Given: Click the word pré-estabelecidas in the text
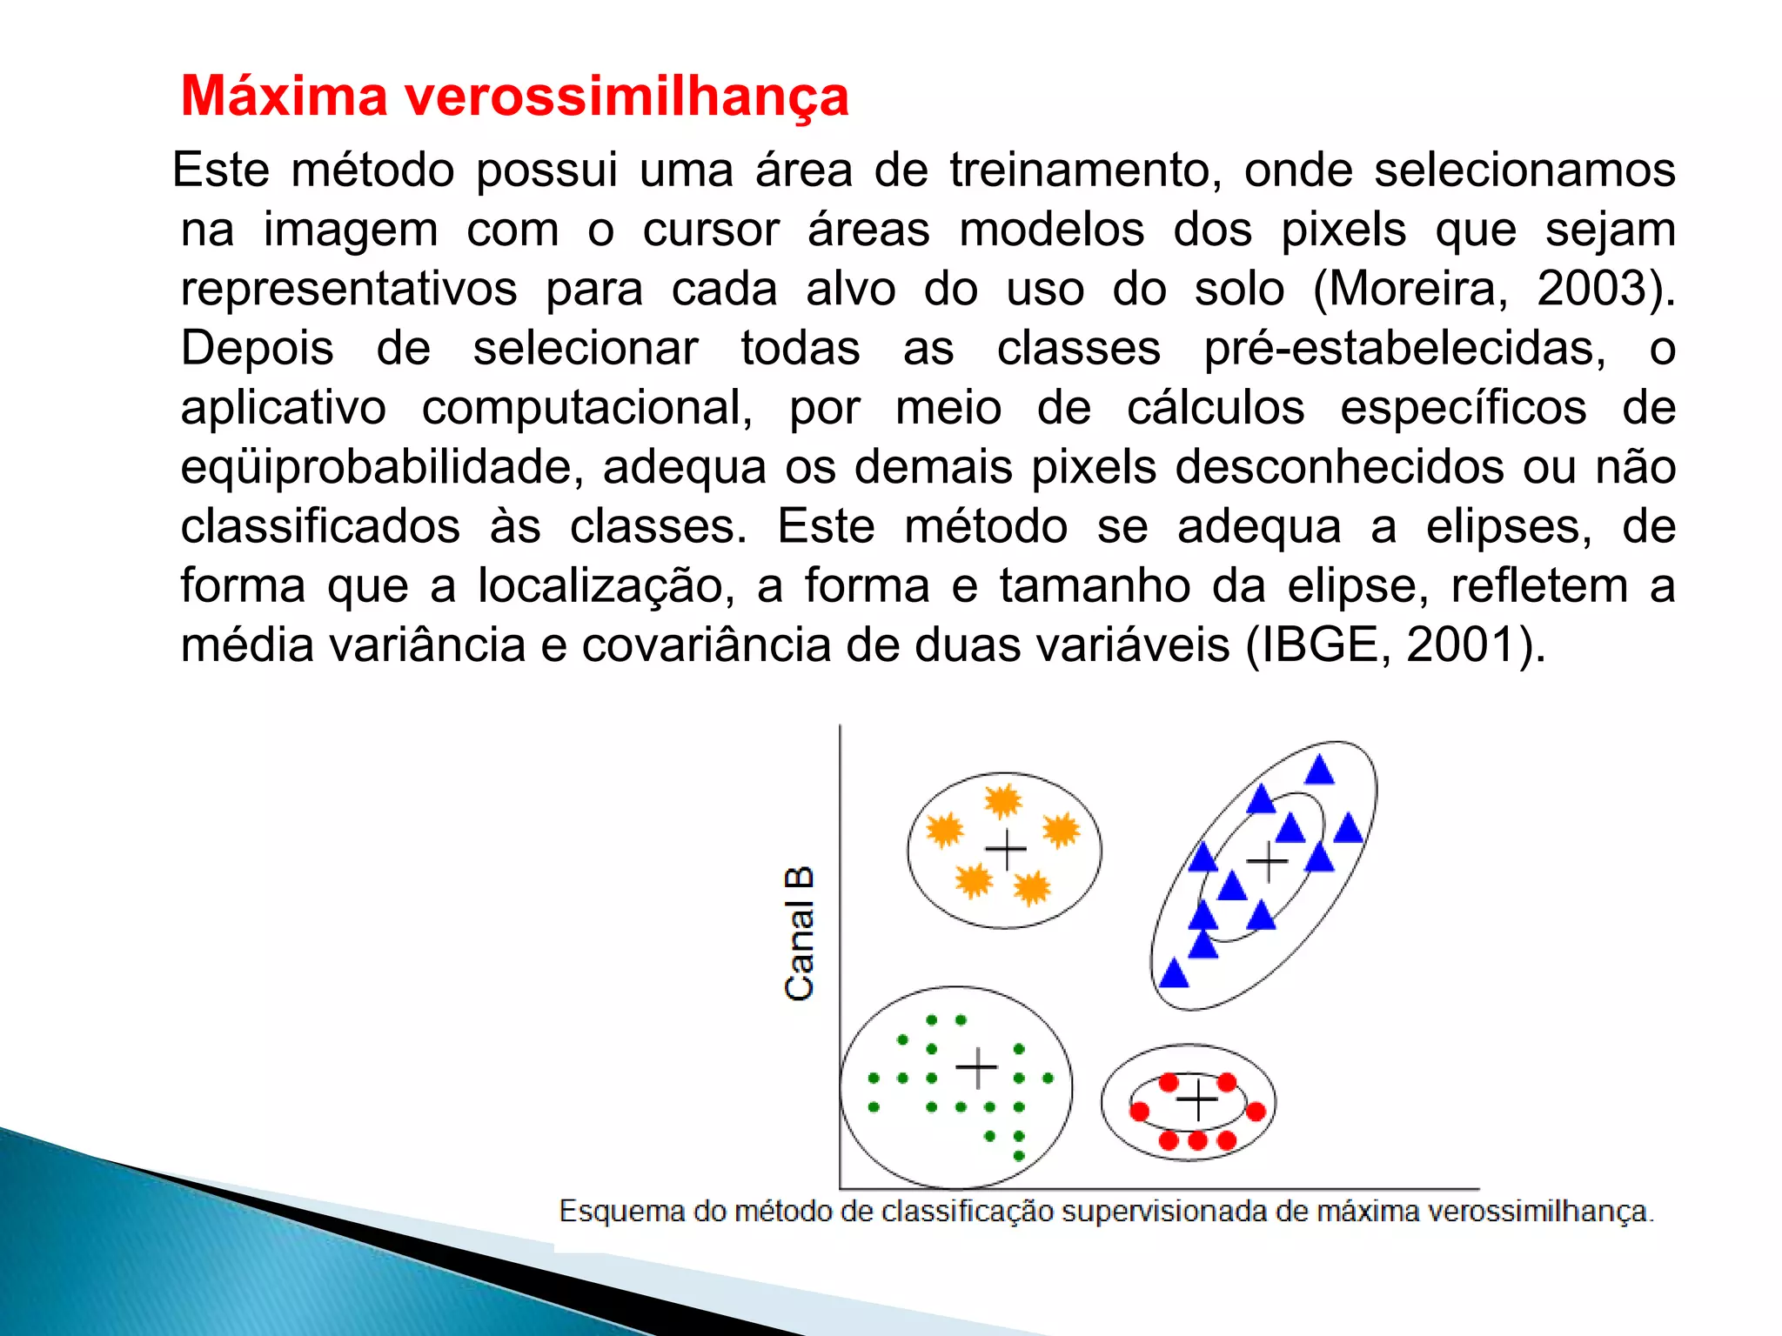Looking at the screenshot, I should [x=1404, y=349].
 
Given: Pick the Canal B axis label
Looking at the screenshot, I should [x=799, y=933].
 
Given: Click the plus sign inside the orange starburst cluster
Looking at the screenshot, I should [x=1006, y=850].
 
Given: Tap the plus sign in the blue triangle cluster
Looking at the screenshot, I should [x=1267, y=862].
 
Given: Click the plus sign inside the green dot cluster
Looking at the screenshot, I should [x=976, y=1068].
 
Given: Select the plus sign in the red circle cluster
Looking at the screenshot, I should [x=1197, y=1100].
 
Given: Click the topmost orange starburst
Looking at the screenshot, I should [x=1002, y=801].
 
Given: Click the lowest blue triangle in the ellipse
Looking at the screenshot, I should [x=1174, y=973].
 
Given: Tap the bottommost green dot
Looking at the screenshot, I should [x=1019, y=1156].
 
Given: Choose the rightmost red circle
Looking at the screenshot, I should [x=1256, y=1111].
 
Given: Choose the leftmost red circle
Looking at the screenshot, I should [x=1139, y=1111].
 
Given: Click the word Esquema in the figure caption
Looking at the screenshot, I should [x=621, y=1212].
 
